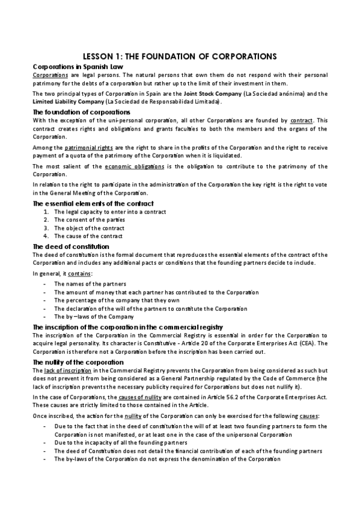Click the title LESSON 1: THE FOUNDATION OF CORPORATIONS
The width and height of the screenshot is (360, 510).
[180, 56]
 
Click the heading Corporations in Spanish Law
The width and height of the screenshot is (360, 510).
[72, 66]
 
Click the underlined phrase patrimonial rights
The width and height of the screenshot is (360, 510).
[85, 147]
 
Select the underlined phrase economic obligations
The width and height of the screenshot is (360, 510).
[130, 167]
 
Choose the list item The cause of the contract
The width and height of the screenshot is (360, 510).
[88, 236]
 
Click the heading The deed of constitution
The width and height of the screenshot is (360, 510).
[70, 247]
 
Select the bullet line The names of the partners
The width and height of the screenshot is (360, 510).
[90, 284]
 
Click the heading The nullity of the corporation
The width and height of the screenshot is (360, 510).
[78, 362]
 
